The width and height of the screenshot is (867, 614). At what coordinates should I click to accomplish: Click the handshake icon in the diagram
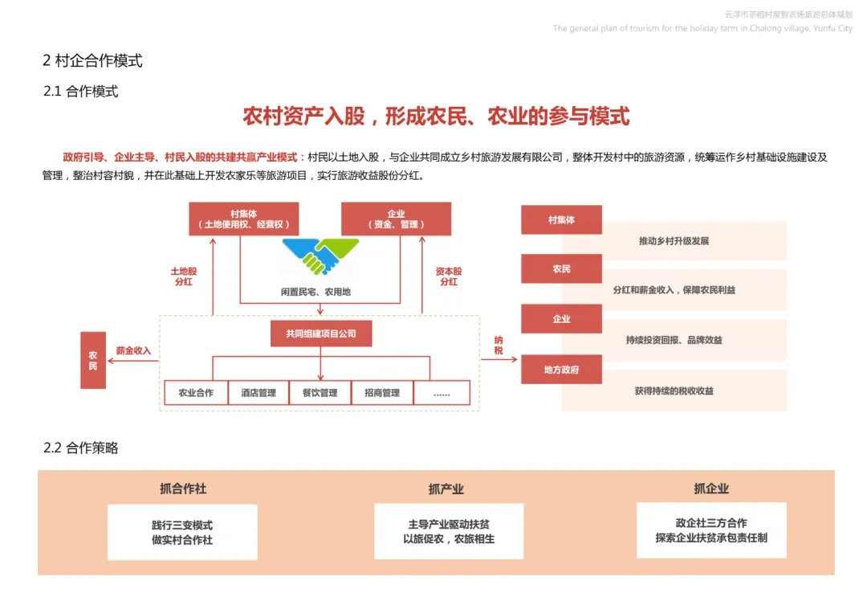[x=320, y=256]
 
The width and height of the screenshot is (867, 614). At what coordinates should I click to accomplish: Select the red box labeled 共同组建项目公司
[x=320, y=334]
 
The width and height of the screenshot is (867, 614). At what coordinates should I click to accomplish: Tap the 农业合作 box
[x=196, y=393]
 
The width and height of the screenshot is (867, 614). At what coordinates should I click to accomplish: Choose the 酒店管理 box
[x=258, y=393]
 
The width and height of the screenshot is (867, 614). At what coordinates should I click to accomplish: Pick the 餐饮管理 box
[x=320, y=393]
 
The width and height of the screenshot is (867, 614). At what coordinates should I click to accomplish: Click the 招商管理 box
[x=381, y=393]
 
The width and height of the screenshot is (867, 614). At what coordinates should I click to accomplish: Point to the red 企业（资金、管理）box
[x=396, y=219]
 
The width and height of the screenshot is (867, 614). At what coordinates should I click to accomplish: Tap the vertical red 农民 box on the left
[x=93, y=360]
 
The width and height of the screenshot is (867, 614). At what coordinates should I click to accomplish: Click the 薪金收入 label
[x=133, y=350]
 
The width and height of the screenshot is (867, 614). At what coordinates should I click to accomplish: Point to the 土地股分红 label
[x=183, y=276]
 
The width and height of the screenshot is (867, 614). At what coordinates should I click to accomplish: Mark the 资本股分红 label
[x=448, y=276]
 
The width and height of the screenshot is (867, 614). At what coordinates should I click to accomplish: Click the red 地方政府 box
[x=561, y=370]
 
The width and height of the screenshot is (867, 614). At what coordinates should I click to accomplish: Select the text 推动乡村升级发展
[x=674, y=241]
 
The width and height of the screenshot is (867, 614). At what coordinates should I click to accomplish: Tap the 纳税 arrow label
[x=499, y=345]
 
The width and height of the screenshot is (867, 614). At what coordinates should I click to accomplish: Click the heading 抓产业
[x=446, y=489]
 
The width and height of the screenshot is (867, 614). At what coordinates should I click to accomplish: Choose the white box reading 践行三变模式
[x=182, y=532]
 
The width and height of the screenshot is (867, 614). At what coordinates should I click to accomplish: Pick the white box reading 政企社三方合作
[x=710, y=530]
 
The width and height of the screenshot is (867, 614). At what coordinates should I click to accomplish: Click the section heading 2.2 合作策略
[x=80, y=448]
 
